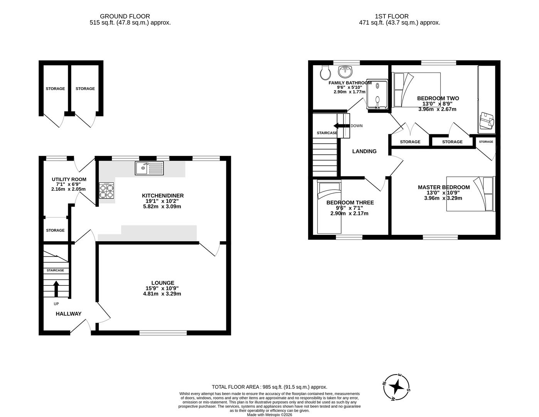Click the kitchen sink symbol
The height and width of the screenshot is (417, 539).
pyautogui.click(x=149, y=168)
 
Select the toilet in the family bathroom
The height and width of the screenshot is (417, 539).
pyautogui.click(x=325, y=72)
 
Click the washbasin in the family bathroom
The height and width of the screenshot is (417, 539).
pyautogui.click(x=345, y=71)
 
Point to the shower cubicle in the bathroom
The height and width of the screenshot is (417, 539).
pyautogui.click(x=377, y=95)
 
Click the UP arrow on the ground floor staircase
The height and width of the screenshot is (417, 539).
pyautogui.click(x=56, y=288)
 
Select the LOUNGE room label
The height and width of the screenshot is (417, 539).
pyautogui.click(x=162, y=283)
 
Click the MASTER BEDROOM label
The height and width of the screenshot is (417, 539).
pyautogui.click(x=444, y=187)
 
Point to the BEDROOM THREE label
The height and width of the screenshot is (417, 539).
pyautogui.click(x=350, y=203)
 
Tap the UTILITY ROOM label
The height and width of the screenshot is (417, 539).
pyautogui.click(x=69, y=180)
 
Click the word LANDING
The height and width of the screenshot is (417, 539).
pyautogui.click(x=364, y=151)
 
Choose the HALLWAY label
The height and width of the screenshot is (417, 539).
pyautogui.click(x=69, y=314)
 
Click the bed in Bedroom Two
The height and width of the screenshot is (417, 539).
pyautogui.click(x=416, y=90)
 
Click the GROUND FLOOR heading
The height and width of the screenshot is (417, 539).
pyautogui.click(x=125, y=16)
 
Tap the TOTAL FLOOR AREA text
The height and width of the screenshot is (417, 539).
pyautogui.click(x=236, y=387)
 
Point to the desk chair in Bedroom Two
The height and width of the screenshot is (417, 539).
pyautogui.click(x=487, y=121)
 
